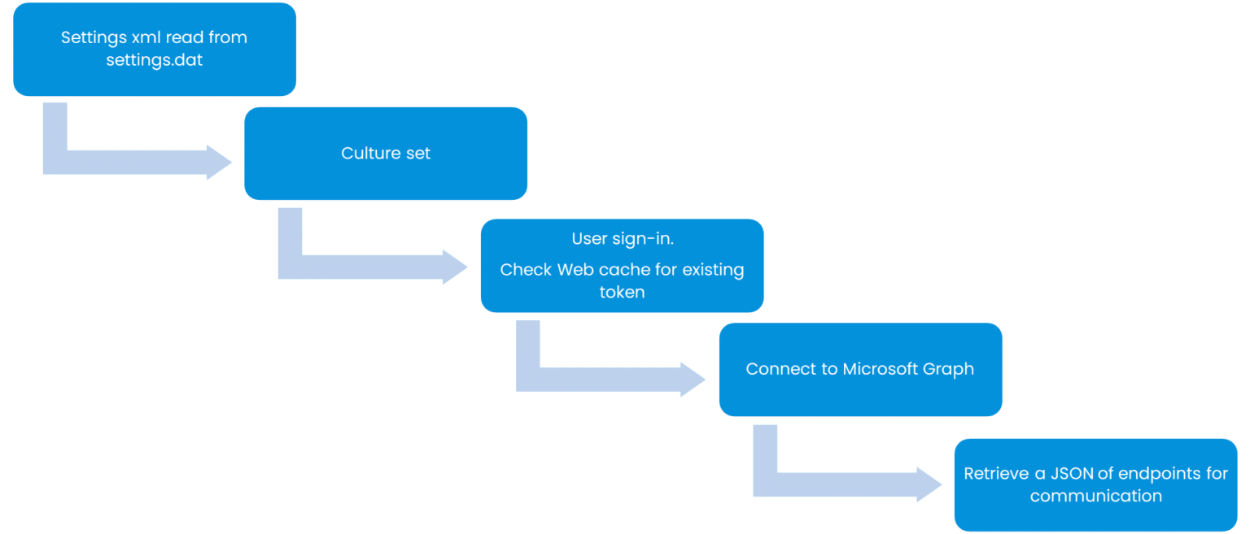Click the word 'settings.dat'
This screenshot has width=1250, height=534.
click(x=154, y=60)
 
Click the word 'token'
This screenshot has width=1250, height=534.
click(x=622, y=293)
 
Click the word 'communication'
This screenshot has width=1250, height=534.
click(x=1095, y=496)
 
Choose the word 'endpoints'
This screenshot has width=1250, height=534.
click(x=1156, y=474)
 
